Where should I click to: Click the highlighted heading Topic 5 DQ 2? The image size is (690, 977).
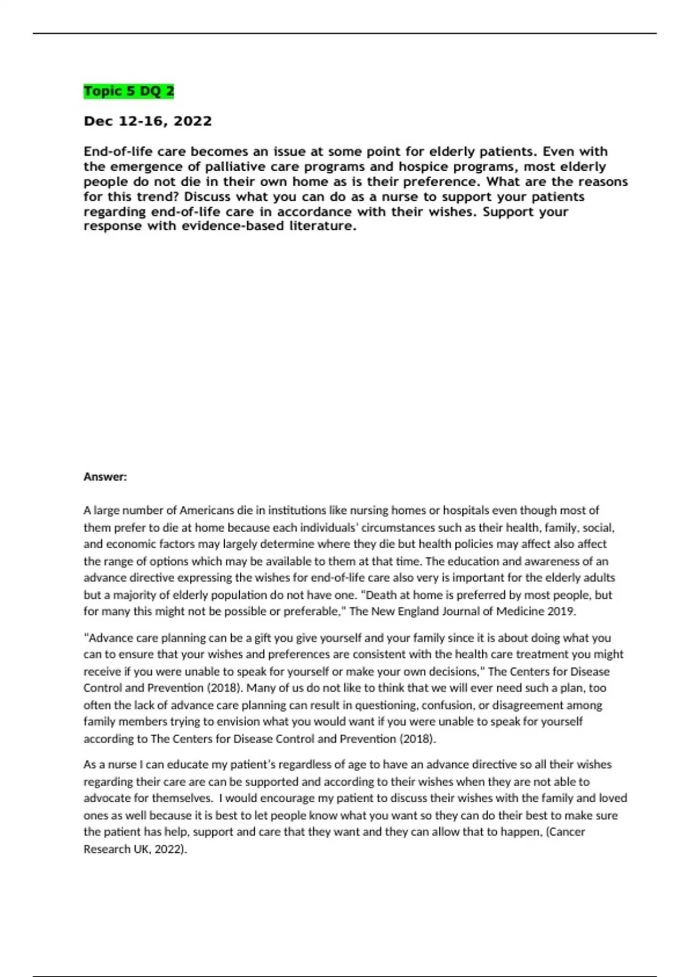tap(129, 91)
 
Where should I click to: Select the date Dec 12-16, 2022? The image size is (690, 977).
tap(148, 121)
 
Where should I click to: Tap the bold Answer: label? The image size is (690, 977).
tap(105, 476)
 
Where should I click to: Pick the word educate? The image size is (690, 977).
tap(174, 765)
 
